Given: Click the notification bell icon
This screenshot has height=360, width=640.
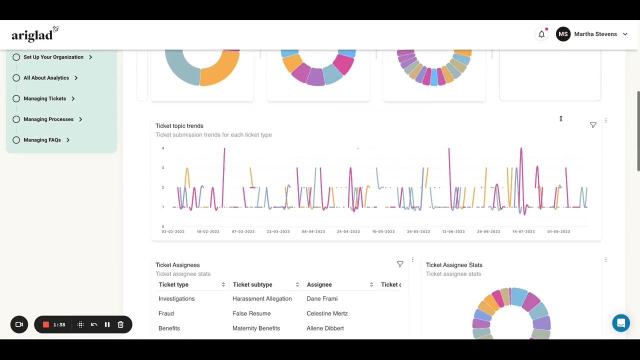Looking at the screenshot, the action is (541, 34).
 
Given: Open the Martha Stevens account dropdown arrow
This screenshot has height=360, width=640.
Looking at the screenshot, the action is (625, 34).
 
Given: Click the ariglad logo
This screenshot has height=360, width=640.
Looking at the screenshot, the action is (35, 34).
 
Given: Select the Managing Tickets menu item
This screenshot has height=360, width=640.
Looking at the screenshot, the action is (45, 98).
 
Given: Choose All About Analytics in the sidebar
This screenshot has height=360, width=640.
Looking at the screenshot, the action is (46, 78).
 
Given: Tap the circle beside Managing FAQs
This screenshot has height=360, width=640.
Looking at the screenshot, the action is (16, 140).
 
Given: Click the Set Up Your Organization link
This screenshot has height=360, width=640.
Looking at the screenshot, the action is (53, 57).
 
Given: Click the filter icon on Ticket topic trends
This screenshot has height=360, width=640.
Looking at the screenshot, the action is (593, 125).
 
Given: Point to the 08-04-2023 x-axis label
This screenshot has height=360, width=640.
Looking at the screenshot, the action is (313, 231).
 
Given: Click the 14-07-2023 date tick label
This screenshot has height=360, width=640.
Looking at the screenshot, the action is (523, 231).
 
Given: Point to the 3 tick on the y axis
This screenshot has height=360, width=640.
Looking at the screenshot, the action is (163, 167).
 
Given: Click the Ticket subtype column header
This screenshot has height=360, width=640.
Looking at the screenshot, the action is (252, 284).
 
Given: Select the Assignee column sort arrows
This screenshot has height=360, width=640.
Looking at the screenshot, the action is (371, 284).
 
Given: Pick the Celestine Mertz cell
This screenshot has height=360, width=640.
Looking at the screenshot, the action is (327, 313).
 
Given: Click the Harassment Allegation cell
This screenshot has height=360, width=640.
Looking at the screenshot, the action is (262, 298).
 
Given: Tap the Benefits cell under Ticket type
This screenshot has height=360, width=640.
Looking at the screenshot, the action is (169, 328).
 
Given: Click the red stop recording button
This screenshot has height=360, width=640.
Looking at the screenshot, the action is (46, 324).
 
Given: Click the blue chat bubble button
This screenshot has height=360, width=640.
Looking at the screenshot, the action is (621, 323).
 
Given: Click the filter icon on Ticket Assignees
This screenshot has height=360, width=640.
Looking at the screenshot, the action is (400, 264).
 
